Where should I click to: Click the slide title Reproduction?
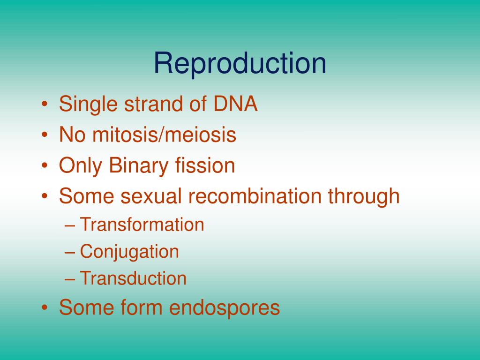pos(240,64)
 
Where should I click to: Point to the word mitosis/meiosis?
pos(164,135)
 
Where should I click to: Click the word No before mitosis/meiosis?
pos(72,135)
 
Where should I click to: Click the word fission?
pos(205,165)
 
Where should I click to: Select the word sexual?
pos(151,195)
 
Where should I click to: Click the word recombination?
pos(255,195)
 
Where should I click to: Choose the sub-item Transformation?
pos(142,225)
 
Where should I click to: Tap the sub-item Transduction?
pos(133,278)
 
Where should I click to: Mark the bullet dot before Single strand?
pos(45,104)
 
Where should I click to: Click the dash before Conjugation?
pos(70,253)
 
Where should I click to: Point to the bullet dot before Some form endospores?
pos(45,307)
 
